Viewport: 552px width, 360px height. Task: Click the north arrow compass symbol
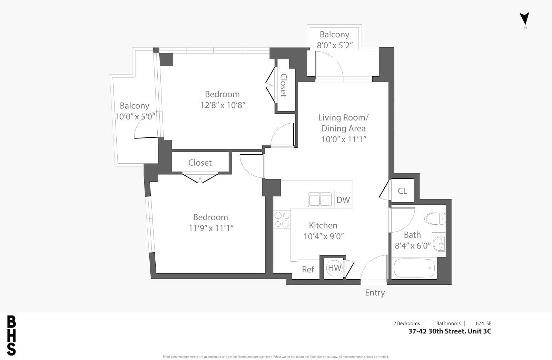[524, 19]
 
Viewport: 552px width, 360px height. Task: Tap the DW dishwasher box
[343, 200]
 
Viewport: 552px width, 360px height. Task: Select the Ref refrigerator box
[308, 269]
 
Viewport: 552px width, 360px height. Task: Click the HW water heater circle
[334, 268]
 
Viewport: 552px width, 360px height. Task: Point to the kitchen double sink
[319, 200]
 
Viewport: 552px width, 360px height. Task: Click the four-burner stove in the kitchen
[282, 220]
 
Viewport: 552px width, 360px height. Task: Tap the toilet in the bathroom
[435, 218]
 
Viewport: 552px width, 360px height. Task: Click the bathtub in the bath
[414, 268]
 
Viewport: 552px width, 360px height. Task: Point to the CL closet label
[402, 191]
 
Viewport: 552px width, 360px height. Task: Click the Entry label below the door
[375, 293]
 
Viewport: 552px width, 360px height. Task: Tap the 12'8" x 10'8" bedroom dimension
[223, 105]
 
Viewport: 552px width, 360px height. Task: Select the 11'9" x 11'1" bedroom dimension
[211, 228]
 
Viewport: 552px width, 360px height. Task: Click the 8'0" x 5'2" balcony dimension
[335, 45]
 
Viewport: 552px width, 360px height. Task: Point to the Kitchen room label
[323, 225]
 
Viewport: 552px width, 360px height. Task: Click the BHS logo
[11, 335]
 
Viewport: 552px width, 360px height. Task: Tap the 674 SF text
[483, 323]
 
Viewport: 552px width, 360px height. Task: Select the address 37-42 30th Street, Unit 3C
[450, 331]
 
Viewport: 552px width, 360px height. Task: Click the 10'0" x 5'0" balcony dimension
[135, 116]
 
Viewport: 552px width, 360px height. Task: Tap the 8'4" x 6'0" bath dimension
[413, 246]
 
